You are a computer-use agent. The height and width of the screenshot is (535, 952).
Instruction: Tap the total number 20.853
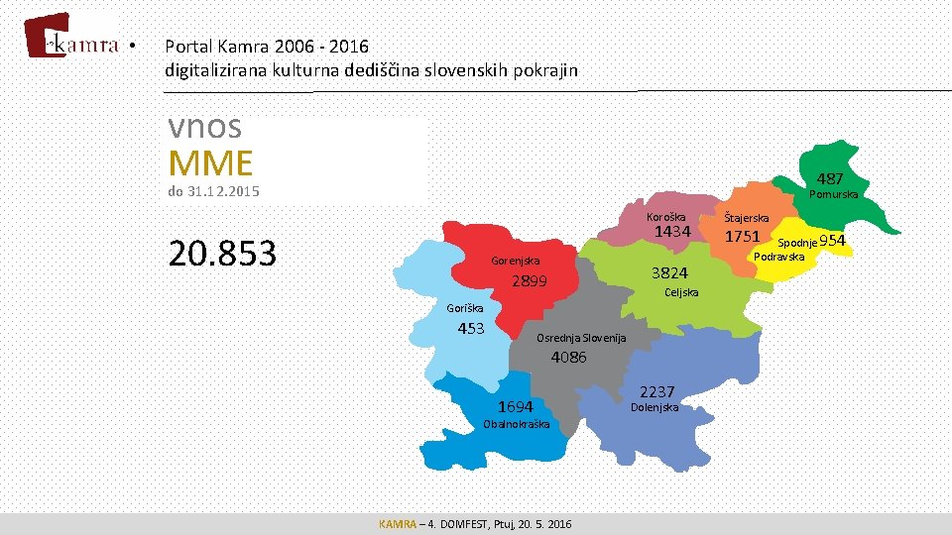tap(222, 255)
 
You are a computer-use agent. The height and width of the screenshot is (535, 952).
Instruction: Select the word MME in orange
tap(210, 162)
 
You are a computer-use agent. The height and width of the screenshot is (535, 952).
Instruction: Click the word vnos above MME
tap(205, 128)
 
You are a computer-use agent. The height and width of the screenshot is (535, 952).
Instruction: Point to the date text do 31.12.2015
tap(213, 192)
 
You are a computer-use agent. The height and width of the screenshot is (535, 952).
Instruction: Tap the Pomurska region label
tap(834, 194)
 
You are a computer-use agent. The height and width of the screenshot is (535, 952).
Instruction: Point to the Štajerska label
tap(746, 218)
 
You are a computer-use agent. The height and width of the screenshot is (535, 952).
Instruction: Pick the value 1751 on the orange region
tap(742, 237)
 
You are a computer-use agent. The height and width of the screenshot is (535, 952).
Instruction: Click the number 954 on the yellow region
tap(833, 242)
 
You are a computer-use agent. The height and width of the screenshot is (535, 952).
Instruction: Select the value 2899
tap(530, 281)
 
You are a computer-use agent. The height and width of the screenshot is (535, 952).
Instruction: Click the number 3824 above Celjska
tap(668, 272)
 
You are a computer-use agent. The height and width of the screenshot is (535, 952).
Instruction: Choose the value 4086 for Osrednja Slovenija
tap(568, 357)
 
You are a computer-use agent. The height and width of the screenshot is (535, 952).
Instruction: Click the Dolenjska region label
tap(654, 407)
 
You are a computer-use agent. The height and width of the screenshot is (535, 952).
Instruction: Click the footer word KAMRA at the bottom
tap(398, 523)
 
